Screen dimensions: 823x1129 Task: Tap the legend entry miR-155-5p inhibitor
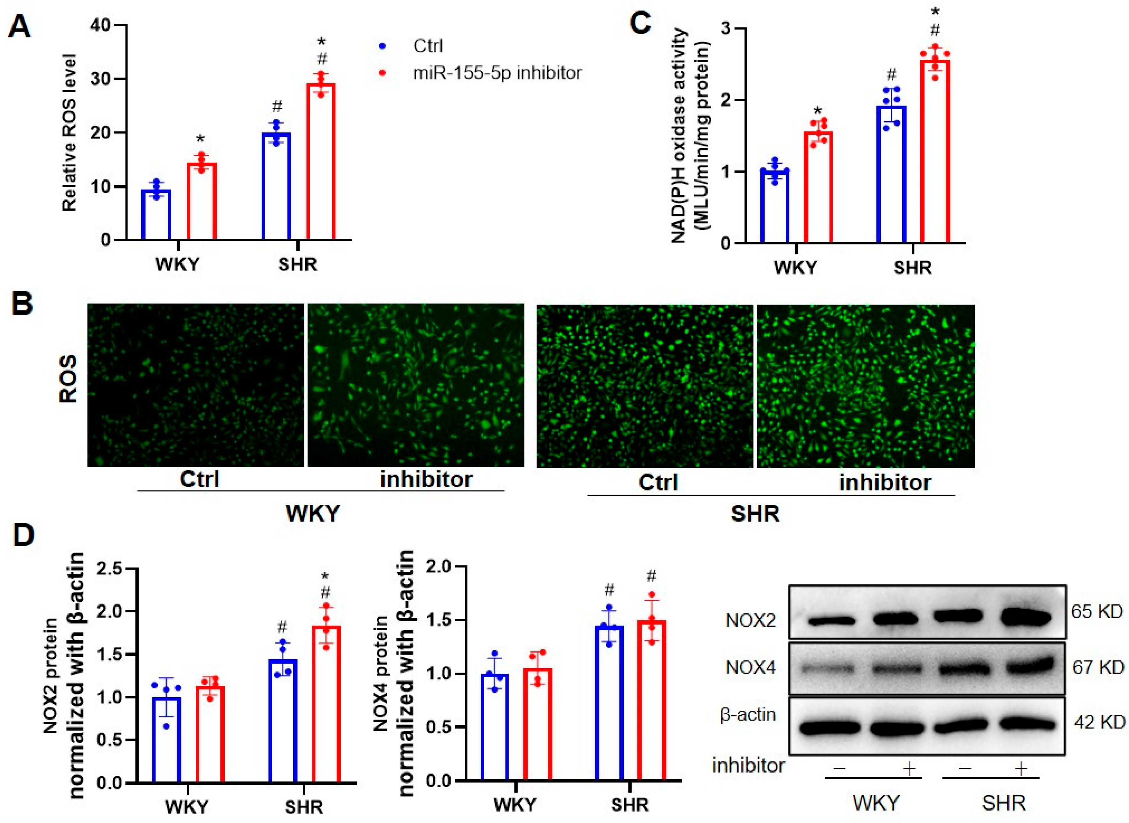pyautogui.click(x=497, y=73)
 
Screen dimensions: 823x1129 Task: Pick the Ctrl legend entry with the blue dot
pyautogui.click(x=428, y=46)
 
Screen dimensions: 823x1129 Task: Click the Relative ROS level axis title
pyautogui.click(x=69, y=132)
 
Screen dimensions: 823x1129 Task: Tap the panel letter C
pyautogui.click(x=641, y=22)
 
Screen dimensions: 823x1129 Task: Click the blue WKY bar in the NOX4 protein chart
pyautogui.click(x=494, y=727)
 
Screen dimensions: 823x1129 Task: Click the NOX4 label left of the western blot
pyautogui.click(x=750, y=667)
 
